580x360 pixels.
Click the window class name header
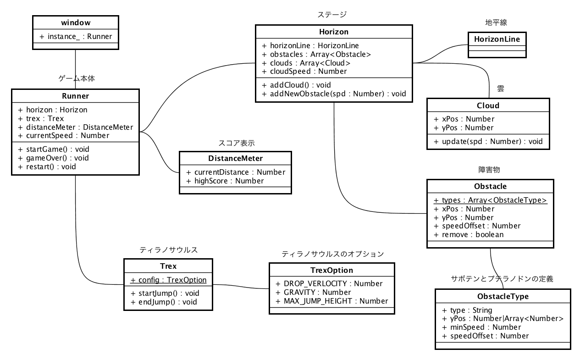[75, 22]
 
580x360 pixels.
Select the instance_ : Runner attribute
[76, 36]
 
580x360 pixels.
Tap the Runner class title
[75, 96]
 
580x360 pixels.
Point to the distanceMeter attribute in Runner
[76, 127]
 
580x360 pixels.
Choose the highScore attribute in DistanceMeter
[225, 181]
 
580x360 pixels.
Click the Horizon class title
[333, 32]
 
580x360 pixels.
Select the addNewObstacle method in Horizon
[334, 94]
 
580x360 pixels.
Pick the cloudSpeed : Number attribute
[304, 71]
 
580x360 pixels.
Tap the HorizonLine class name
[497, 39]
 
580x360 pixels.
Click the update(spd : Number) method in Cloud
[488, 141]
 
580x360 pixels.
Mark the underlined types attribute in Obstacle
[490, 200]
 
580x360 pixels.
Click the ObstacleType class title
[503, 296]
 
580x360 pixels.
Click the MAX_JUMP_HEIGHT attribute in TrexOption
[331, 301]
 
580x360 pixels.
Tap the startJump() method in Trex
[165, 293]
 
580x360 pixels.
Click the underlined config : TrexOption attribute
[168, 280]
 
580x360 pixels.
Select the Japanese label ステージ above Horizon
[332, 15]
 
